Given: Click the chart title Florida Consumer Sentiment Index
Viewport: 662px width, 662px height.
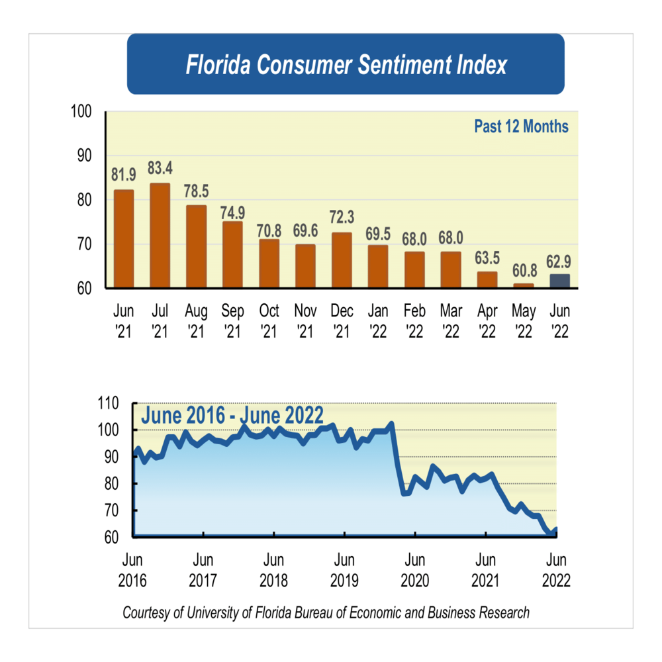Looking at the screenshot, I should pos(346,65).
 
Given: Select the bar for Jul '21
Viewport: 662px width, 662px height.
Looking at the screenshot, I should pos(160,236).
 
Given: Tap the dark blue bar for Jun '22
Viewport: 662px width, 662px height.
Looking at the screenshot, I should pos(559,281).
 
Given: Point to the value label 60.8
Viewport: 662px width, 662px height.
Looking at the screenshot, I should pos(523,273).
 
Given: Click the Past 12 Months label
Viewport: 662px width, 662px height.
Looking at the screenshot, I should pos(521,126).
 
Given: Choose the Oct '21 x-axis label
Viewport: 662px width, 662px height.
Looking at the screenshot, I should pos(269,321).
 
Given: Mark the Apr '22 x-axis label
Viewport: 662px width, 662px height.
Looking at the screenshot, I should pos(487,321).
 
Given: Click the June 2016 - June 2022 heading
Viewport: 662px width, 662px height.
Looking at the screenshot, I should pos(232,416).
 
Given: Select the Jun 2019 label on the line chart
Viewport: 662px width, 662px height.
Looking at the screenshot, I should pos(344,570).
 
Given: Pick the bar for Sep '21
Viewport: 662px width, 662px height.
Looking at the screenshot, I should pos(232,255).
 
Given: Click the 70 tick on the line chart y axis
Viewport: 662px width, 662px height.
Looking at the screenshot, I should pos(112,510).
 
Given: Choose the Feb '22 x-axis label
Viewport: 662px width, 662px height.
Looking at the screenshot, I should pos(414,321).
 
